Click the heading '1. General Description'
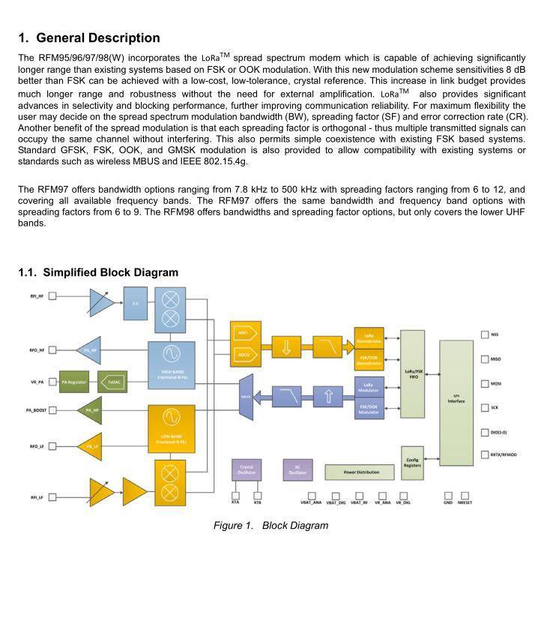[x=89, y=37]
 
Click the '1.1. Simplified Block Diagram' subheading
[x=98, y=272]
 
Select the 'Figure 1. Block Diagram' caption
[x=270, y=526]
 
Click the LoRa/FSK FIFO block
[x=413, y=373]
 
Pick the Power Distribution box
[x=360, y=472]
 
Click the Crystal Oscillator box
[x=247, y=469]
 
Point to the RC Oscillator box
[x=297, y=469]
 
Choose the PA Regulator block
[x=75, y=382]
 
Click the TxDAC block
[x=113, y=382]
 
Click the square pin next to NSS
[x=484, y=334]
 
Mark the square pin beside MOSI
[x=484, y=384]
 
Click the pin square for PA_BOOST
[x=53, y=410]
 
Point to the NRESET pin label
[x=465, y=502]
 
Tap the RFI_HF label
[x=37, y=296]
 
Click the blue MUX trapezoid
[x=245, y=396]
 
